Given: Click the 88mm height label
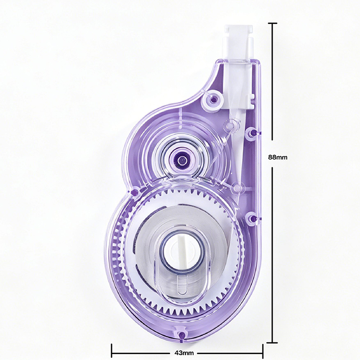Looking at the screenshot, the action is coord(278,157).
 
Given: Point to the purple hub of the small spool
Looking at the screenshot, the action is coord(181,159).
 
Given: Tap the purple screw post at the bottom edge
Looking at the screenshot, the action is coord(182,334).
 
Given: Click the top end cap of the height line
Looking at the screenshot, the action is coord(272,23).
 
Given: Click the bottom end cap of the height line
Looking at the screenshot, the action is coord(272,342).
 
